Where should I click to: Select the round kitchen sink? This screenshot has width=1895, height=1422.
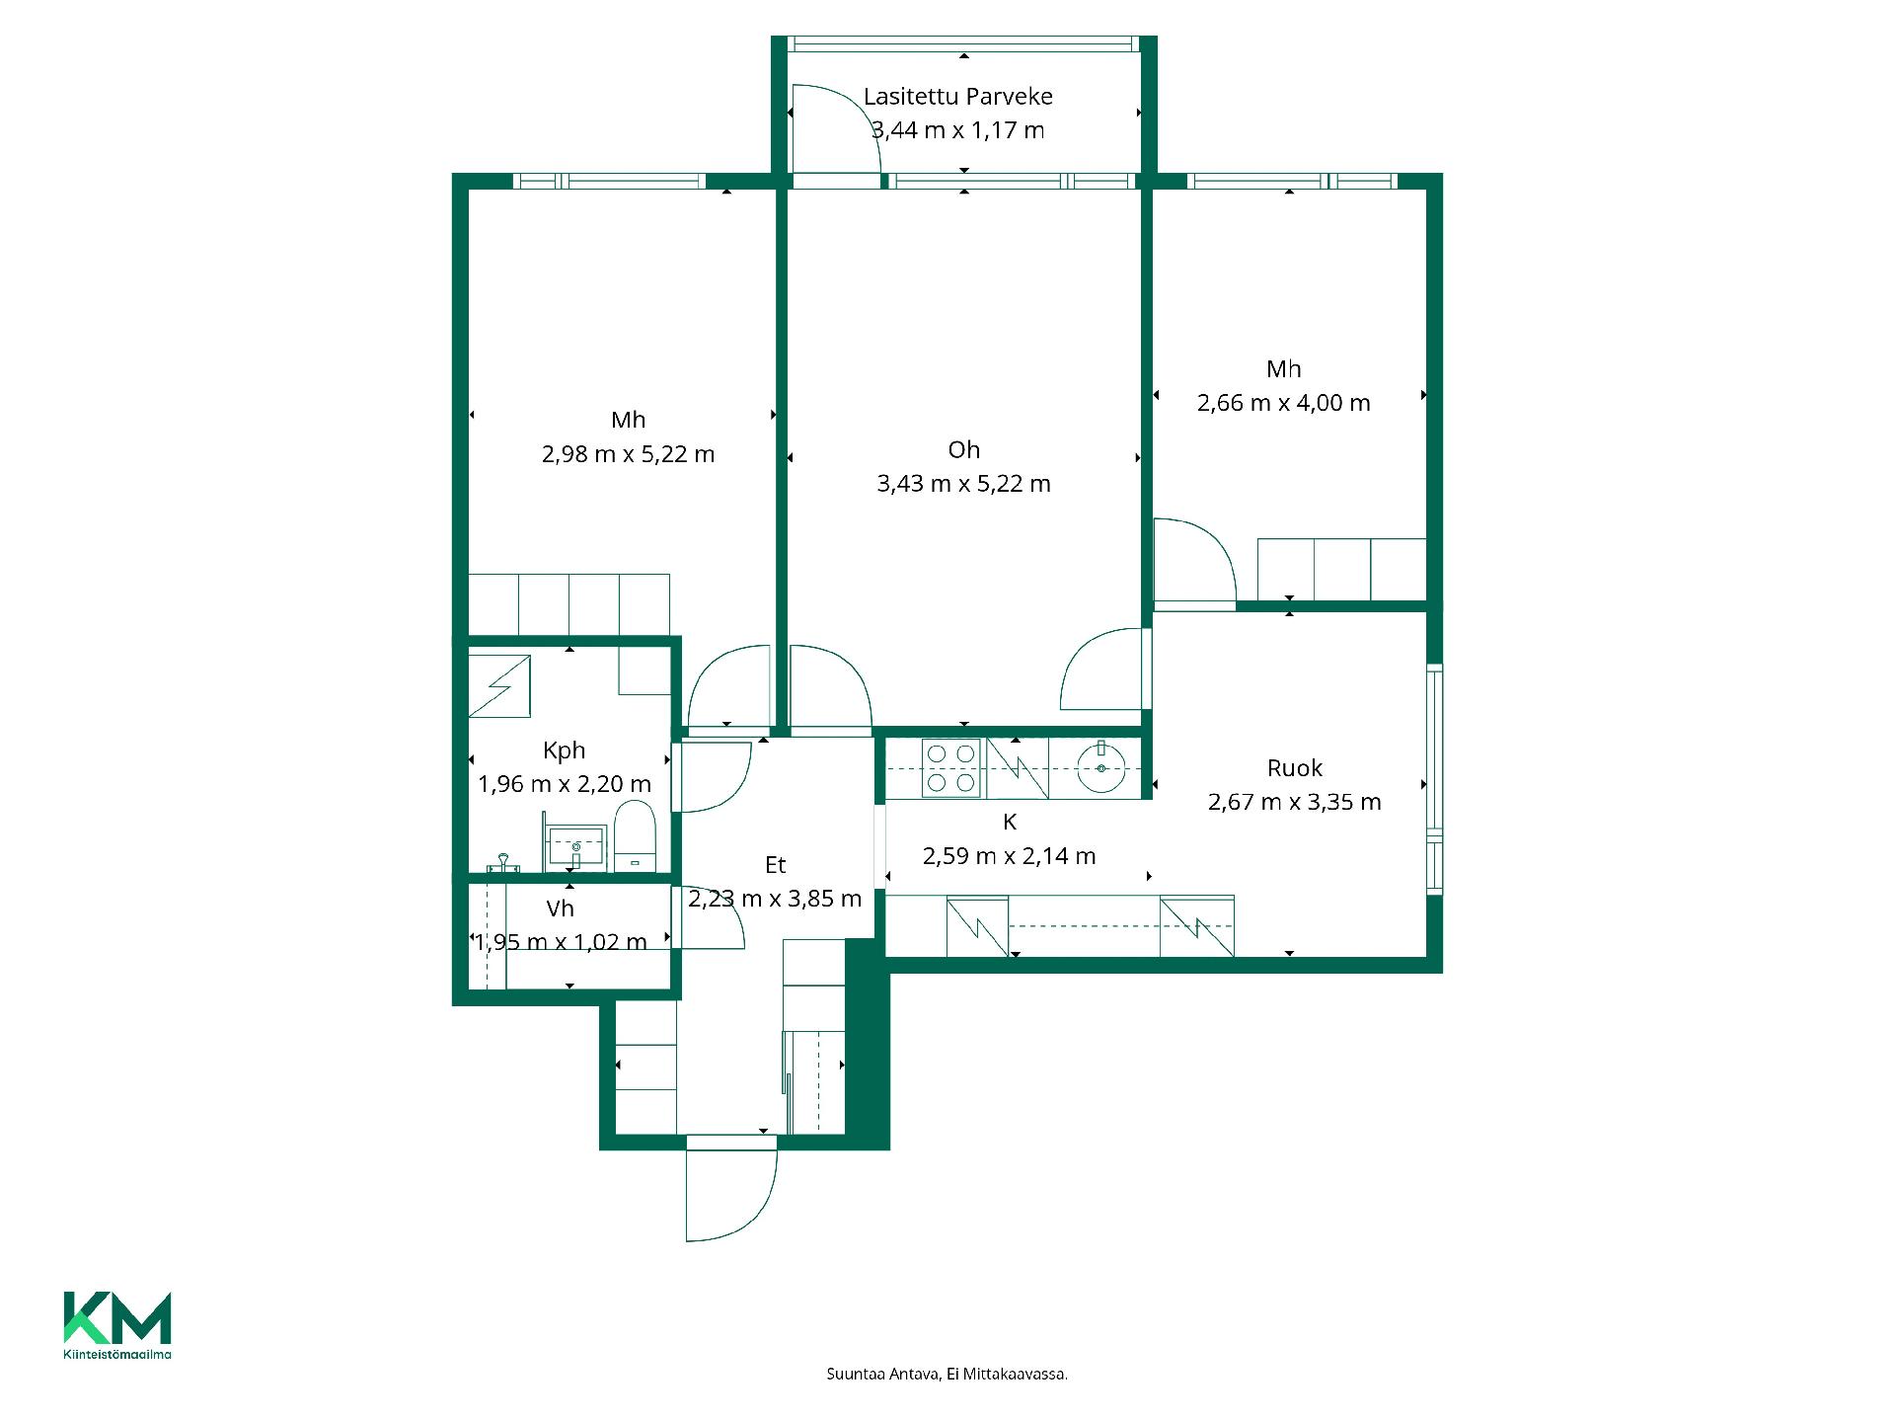click(x=1101, y=768)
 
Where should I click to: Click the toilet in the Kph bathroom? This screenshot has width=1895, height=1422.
click(x=636, y=836)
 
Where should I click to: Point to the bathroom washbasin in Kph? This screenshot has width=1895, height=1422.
click(x=576, y=846)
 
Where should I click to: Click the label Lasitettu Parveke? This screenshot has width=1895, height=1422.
click(x=958, y=96)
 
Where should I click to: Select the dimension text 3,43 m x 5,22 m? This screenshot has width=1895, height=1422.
click(x=964, y=484)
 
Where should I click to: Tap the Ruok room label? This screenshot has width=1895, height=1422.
click(x=1295, y=768)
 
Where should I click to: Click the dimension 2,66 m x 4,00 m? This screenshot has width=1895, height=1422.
click(x=1284, y=403)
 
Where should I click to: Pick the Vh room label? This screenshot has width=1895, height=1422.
click(x=561, y=908)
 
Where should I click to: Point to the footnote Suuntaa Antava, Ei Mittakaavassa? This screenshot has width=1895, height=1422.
click(x=947, y=1374)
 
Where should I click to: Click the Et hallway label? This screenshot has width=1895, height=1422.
click(x=776, y=865)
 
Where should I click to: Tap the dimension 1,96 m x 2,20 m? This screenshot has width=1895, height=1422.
click(x=565, y=784)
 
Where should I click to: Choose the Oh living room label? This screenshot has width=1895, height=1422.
click(x=964, y=450)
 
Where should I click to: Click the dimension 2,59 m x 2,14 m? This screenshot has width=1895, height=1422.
click(x=1010, y=856)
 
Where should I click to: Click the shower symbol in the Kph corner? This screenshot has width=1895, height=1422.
click(x=499, y=684)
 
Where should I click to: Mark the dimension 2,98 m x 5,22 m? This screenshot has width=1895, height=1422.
click(x=629, y=454)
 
